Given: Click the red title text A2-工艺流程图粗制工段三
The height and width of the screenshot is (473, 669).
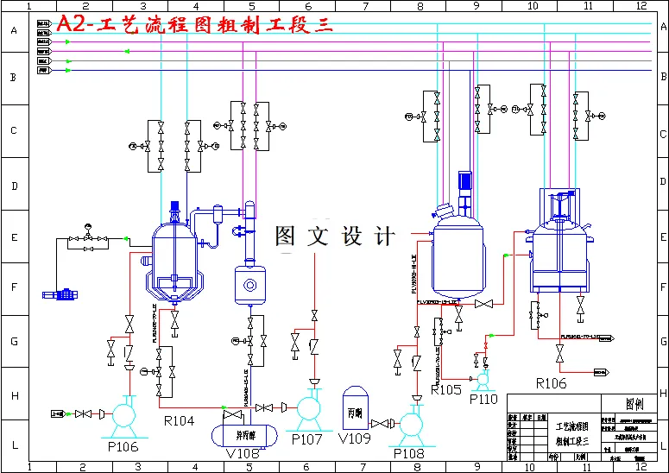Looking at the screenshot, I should [194, 25].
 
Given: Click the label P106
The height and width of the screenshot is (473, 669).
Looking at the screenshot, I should [123, 446].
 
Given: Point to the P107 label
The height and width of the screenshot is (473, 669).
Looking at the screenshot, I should [306, 439].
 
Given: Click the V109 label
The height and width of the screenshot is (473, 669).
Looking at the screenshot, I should [356, 439].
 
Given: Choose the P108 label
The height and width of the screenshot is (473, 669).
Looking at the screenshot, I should [410, 452].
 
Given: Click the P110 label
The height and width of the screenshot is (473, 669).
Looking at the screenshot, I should [483, 399].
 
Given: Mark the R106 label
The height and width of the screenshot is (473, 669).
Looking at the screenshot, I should [551, 383].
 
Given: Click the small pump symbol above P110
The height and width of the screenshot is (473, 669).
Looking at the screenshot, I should [483, 377].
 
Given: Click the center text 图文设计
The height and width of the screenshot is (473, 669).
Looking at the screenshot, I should [335, 236].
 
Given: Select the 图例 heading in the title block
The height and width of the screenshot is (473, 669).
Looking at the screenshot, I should [634, 403].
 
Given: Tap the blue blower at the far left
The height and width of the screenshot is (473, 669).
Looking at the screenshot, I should [60, 294].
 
